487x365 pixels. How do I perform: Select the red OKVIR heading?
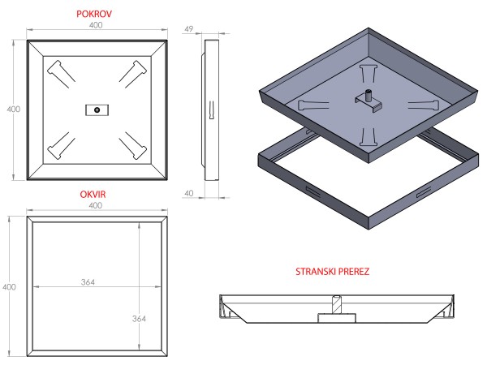[x=96, y=195]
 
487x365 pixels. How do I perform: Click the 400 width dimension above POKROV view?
[x=97, y=27]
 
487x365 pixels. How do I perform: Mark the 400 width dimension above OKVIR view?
[x=97, y=208]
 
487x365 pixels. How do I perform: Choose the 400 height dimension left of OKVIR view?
[x=10, y=286]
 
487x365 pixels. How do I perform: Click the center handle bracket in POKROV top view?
[x=97, y=109]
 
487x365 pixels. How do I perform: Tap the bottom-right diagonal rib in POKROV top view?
[x=133, y=146]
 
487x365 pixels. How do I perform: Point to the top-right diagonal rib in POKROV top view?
[x=133, y=71]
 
